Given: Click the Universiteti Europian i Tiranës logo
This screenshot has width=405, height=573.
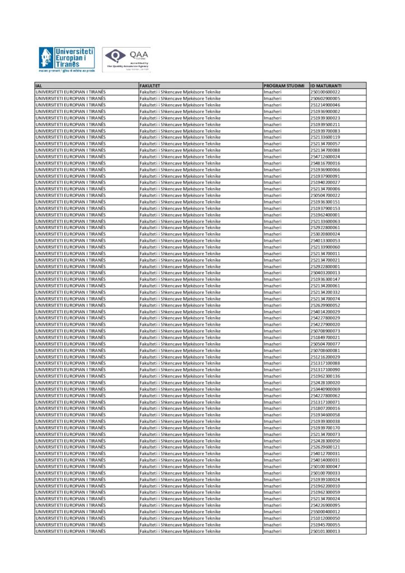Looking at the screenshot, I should (67, 61).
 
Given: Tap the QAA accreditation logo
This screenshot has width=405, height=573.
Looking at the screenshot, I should (126, 60).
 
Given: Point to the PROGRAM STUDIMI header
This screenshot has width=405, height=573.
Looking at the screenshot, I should (284, 86).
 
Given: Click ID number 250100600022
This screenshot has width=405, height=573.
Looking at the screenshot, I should (325, 92).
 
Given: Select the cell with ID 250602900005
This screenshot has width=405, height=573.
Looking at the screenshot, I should (325, 98).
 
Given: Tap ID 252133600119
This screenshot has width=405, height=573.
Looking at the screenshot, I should (325, 137).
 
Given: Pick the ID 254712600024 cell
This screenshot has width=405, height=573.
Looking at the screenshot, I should (325, 157).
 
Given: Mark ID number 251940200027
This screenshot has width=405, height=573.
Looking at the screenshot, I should (325, 182).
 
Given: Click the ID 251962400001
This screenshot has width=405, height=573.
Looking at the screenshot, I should (325, 215).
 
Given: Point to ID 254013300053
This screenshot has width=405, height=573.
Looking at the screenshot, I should (325, 241).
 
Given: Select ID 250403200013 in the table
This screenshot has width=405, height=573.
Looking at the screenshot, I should (325, 273).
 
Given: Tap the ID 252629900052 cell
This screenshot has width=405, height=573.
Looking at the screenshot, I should (325, 306).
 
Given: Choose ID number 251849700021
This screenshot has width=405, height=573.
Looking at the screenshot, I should (325, 337).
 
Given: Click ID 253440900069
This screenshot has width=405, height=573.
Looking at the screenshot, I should (325, 389).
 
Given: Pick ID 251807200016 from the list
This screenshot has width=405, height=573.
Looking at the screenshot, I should (325, 408).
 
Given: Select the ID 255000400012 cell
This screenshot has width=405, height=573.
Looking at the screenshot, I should (325, 512).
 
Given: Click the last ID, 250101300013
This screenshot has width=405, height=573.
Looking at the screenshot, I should (325, 532).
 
